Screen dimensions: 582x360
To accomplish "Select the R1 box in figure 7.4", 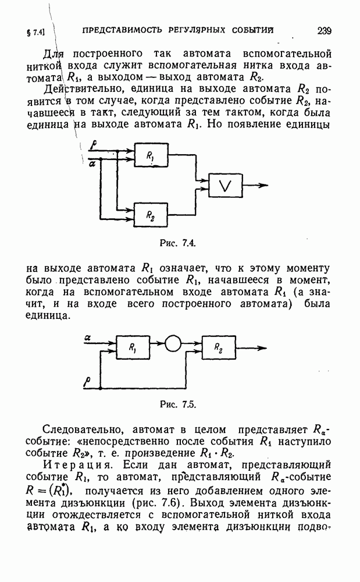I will [151, 156].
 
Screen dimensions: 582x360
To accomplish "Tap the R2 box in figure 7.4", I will [151, 215].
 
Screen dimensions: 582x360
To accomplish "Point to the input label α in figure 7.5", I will [87, 337].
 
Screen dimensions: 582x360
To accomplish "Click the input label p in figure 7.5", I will [87, 382].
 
